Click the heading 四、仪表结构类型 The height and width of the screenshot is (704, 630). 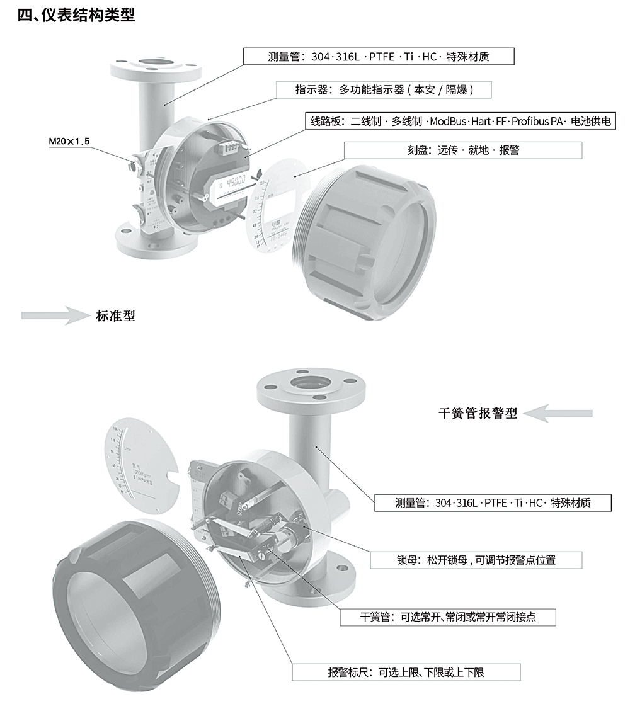click(76, 15)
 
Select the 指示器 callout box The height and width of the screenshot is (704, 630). click(384, 90)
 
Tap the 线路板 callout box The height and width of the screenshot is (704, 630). click(460, 122)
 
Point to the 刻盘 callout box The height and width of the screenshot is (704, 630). click(463, 150)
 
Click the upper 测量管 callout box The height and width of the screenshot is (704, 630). click(379, 57)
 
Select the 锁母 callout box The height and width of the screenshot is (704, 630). click(476, 560)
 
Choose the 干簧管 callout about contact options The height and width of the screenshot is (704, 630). click(448, 617)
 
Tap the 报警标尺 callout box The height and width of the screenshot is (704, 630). click(406, 673)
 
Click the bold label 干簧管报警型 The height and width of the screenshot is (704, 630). click(478, 414)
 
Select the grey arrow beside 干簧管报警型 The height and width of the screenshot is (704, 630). click(558, 414)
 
